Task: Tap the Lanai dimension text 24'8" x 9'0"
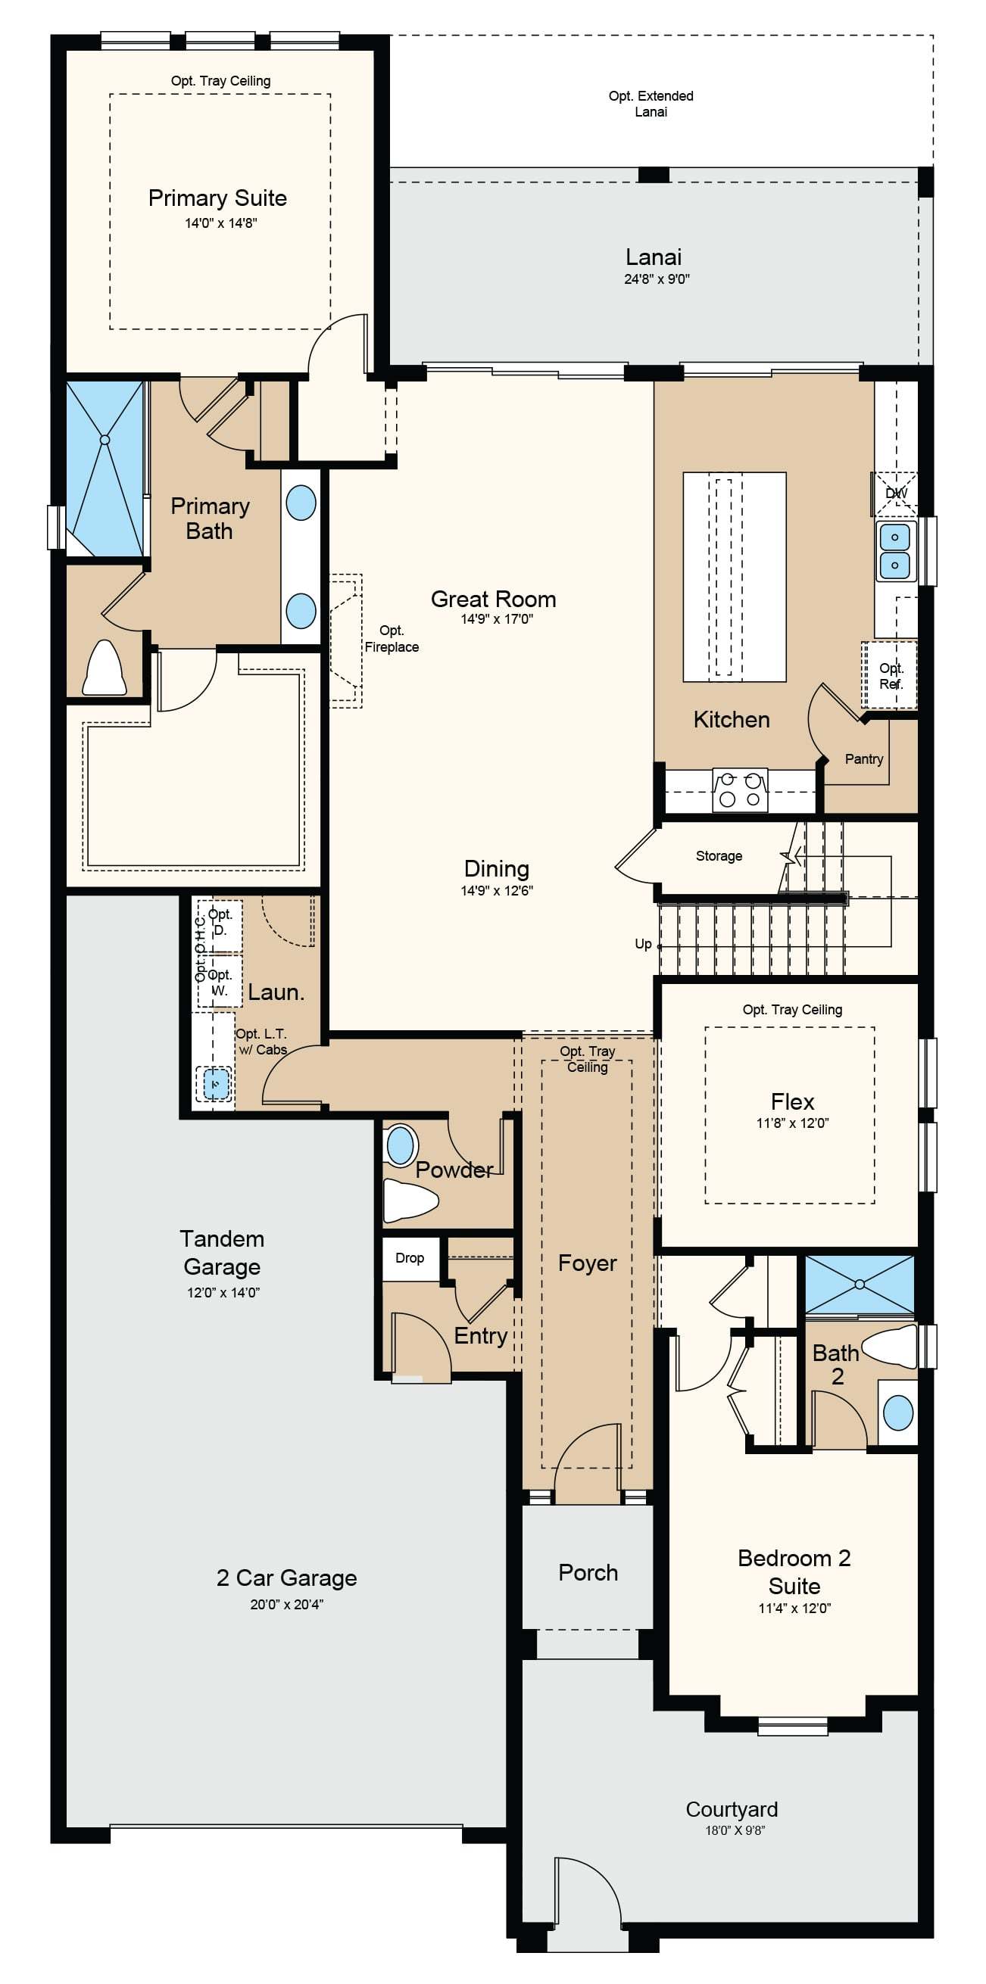[657, 279]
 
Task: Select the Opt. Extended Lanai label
[651, 103]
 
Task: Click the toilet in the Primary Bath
[105, 668]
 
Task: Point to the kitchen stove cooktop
[739, 790]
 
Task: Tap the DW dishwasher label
[896, 493]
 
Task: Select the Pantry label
[863, 758]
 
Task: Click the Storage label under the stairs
[719, 855]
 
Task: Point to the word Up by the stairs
[643, 944]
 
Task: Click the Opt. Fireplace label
[392, 638]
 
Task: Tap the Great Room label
[493, 599]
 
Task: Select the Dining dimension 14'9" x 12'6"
[497, 890]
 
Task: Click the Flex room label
[792, 1101]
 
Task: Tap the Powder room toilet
[410, 1199]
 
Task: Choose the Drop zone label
[410, 1258]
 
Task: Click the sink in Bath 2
[897, 1412]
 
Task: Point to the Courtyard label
[732, 1809]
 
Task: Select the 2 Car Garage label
[286, 1578]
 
